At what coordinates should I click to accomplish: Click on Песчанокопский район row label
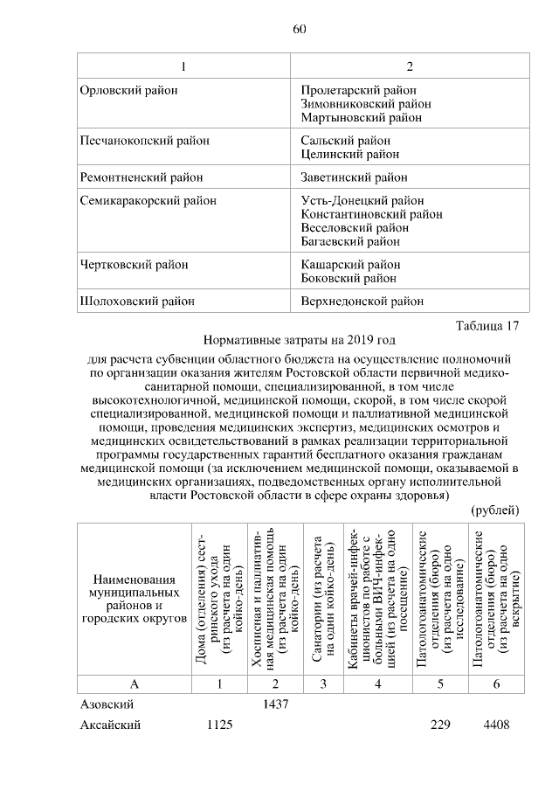click(x=135, y=141)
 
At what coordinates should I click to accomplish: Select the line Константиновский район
click(x=370, y=214)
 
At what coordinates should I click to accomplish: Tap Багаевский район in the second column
click(x=350, y=240)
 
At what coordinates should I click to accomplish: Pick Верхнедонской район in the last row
click(x=362, y=302)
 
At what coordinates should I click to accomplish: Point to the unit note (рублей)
click(x=494, y=510)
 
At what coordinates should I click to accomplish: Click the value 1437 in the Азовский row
click(x=275, y=704)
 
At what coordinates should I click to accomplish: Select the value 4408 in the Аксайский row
click(x=495, y=725)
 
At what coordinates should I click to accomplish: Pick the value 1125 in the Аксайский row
click(x=218, y=725)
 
